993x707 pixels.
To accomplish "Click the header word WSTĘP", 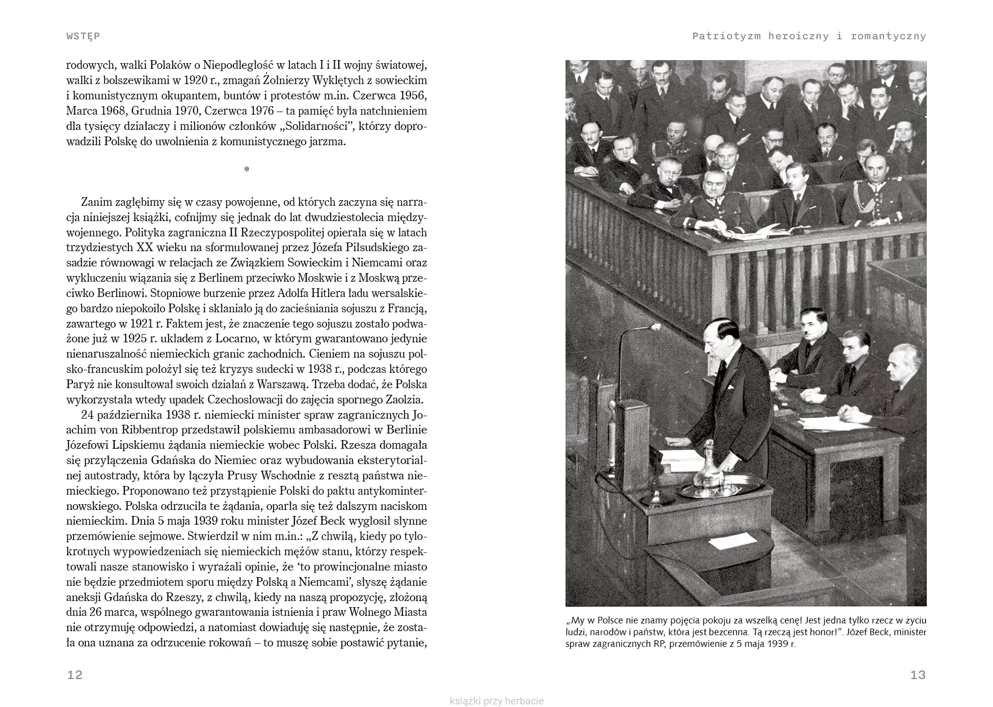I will [x=83, y=36].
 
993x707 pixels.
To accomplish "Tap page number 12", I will [x=74, y=675].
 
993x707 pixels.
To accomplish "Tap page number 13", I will [x=918, y=675].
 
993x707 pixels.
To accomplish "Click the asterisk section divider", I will [x=247, y=170].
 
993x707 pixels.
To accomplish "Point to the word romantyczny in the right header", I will [x=888, y=36].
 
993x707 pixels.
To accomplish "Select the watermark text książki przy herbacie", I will [x=497, y=701].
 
